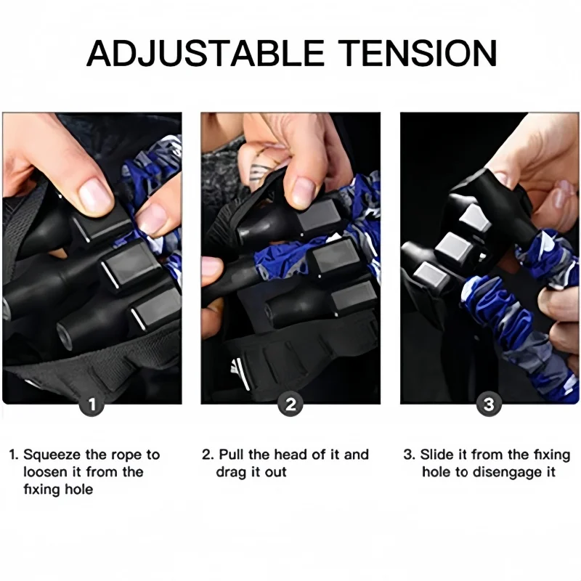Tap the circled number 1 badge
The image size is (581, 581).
[x=92, y=405]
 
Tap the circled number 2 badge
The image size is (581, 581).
[x=290, y=405]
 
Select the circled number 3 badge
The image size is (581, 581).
[x=489, y=405]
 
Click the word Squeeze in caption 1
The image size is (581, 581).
[x=53, y=455]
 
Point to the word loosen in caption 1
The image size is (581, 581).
[x=46, y=472]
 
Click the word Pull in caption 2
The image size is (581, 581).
[x=232, y=455]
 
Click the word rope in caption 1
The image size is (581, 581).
[x=125, y=455]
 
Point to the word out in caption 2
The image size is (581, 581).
[x=275, y=473]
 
